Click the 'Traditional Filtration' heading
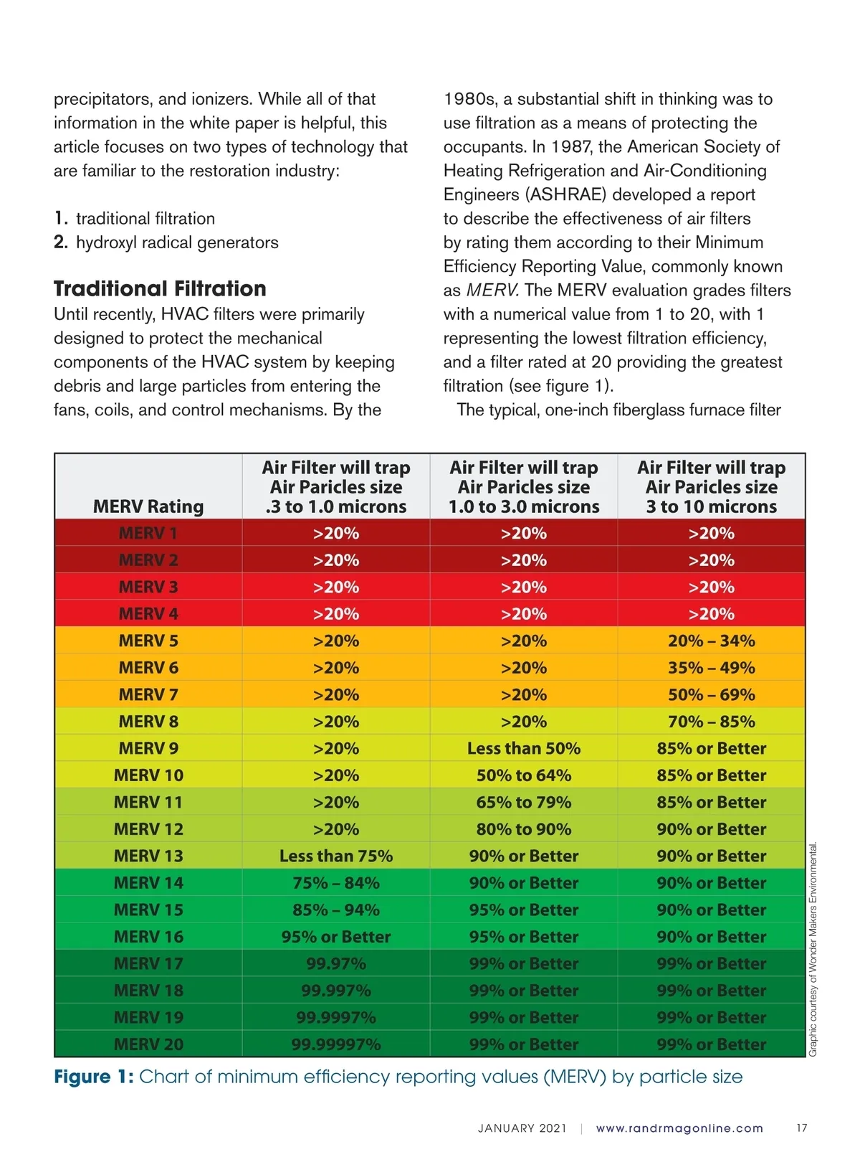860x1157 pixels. [160, 289]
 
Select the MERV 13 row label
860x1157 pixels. [148, 856]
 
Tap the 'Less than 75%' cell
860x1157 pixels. [336, 856]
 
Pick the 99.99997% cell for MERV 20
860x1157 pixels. [336, 1044]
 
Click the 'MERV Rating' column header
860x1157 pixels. [148, 506]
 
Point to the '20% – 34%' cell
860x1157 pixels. [711, 641]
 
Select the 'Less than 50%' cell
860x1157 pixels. [524, 749]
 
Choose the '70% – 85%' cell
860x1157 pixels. [711, 722]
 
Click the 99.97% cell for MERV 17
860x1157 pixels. [336, 964]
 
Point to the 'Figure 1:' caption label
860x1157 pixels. [94, 1077]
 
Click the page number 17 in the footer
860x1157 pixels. [802, 1128]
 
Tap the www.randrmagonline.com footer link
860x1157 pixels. [679, 1128]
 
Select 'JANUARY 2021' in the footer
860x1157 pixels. [522, 1128]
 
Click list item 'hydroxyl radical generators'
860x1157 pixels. [177, 242]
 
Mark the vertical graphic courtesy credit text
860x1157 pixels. [813, 949]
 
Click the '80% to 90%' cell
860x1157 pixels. [524, 829]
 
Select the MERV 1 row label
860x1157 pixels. [148, 534]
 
